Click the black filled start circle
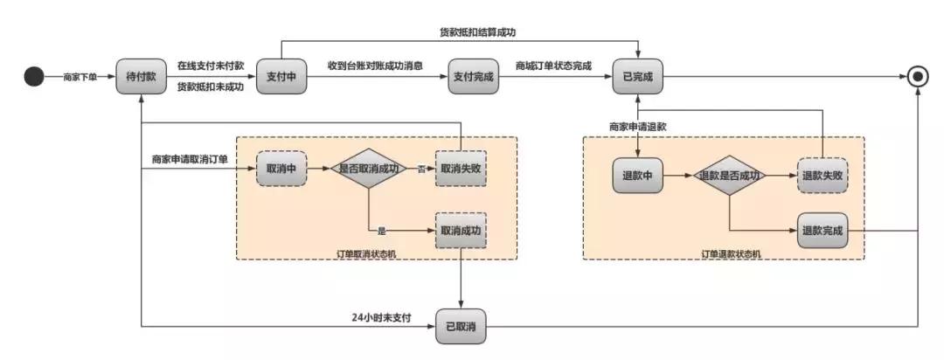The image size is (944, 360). coord(33,77)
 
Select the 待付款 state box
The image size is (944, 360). coord(141,77)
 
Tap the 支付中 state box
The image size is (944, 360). coord(281,77)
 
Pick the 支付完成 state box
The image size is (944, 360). coord(473,77)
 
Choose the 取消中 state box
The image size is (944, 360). coord(281,169)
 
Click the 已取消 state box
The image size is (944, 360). coord(462,325)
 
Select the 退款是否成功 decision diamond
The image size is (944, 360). coord(729,175)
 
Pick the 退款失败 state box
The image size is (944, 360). coord(823,175)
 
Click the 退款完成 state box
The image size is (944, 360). coord(823,231)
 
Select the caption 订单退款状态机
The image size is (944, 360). coord(731,253)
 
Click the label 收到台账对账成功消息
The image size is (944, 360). coord(375,66)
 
